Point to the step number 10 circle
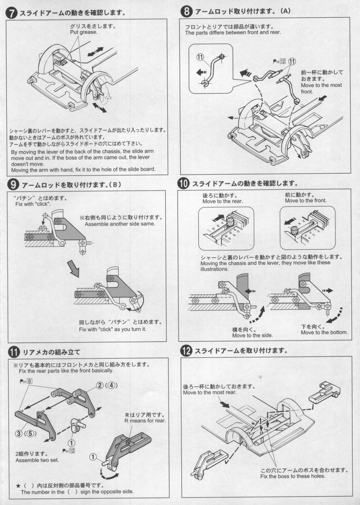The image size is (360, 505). coord(184,184)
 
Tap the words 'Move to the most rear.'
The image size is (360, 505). coord(210,393)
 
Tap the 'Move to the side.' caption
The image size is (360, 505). coord(252,335)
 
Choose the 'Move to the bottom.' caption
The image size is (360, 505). coord(324,332)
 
